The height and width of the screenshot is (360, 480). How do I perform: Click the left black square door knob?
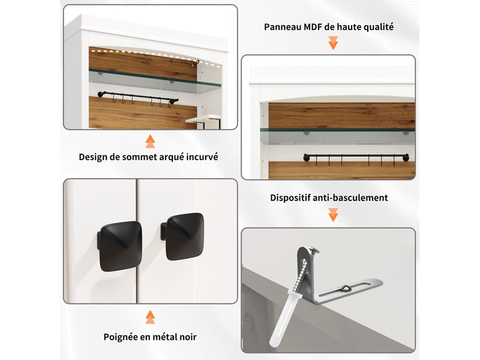tap(120, 247)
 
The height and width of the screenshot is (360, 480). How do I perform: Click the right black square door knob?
tap(183, 236)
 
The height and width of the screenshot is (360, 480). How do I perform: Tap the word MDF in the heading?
tap(313, 27)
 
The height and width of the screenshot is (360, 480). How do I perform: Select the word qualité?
tap(379, 27)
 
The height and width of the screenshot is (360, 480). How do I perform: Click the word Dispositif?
tap(290, 198)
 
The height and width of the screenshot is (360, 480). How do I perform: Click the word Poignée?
tap(121, 337)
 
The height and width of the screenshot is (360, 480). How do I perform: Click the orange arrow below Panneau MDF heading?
tap(333, 43)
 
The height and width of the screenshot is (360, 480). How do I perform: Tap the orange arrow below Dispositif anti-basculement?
tap(333, 215)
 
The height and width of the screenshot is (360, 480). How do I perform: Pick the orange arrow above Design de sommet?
tap(150, 141)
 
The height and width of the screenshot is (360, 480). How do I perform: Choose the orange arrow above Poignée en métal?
tap(150, 317)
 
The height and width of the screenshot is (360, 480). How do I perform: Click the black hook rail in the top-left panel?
tap(138, 97)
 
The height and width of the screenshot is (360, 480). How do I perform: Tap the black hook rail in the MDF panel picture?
tap(356, 157)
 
